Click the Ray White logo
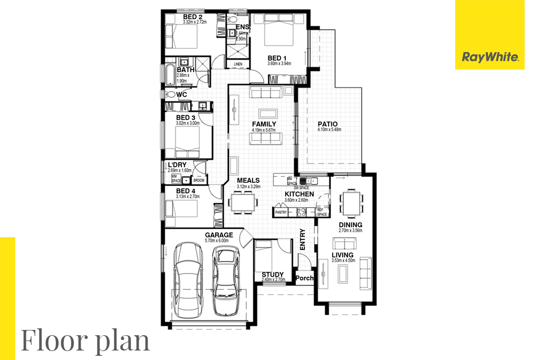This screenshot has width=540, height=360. [490, 57]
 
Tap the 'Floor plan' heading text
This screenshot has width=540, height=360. [85, 340]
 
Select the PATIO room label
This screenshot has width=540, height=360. [327, 124]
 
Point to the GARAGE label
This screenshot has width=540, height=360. [219, 235]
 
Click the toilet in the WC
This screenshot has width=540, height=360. [168, 94]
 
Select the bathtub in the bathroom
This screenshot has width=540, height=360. [169, 75]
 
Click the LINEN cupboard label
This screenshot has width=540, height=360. [238, 64]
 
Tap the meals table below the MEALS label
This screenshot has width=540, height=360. [242, 202]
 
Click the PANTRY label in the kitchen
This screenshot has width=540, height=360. [281, 212]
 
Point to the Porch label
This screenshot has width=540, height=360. [305, 278]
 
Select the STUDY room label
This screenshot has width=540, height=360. [273, 274]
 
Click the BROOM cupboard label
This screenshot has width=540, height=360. [200, 180]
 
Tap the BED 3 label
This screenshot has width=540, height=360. [186, 117]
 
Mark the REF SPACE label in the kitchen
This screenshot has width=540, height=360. [322, 212]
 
